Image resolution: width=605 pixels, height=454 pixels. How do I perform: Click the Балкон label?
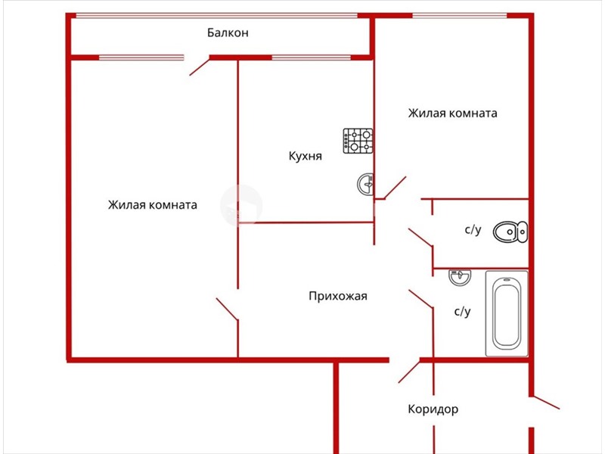click(x=228, y=33)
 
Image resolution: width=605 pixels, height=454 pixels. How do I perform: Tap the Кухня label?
click(x=306, y=156)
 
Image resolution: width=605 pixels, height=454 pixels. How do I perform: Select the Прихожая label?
click(x=338, y=296)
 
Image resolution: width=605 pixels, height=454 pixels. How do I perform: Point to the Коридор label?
click(x=433, y=409)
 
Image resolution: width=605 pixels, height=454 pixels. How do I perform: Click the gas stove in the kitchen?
click(x=358, y=141)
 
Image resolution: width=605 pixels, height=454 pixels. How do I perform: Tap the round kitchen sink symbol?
click(x=365, y=184)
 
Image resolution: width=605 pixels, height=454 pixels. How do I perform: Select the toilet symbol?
click(x=510, y=232)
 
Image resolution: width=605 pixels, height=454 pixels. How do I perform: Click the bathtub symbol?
click(x=507, y=313)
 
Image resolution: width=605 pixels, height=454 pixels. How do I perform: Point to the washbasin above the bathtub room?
click(x=460, y=277)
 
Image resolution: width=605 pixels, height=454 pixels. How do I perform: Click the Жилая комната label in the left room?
click(x=153, y=204)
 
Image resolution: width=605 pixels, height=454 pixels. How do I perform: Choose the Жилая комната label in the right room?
click(x=452, y=113)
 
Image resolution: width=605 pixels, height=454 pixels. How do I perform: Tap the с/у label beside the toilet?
click(x=473, y=230)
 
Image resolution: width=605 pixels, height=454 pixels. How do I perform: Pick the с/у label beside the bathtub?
click(x=462, y=311)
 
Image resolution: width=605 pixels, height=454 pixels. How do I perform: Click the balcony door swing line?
click(x=200, y=67)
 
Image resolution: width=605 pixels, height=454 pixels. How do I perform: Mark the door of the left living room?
click(x=227, y=309)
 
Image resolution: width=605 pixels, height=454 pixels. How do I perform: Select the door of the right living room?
click(x=395, y=188)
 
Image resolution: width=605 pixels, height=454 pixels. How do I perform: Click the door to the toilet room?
click(x=420, y=237)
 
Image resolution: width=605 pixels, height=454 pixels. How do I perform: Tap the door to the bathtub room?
click(x=420, y=299)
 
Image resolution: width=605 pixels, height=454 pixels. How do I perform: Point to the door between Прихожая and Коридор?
click(x=409, y=372)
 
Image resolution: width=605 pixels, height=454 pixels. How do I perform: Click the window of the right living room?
click(x=459, y=16)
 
